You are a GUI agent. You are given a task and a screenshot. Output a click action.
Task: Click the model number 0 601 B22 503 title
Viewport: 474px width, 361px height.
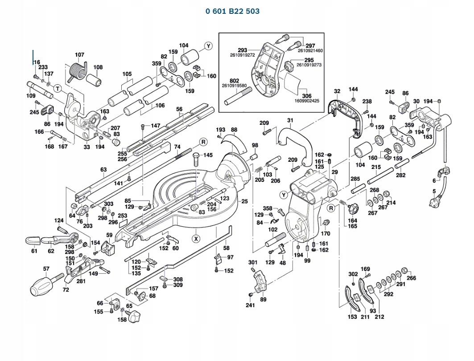(232, 11)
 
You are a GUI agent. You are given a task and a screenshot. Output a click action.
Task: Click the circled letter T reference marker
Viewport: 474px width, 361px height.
(58, 89)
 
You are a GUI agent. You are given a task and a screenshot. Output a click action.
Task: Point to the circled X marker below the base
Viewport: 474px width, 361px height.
(196, 239)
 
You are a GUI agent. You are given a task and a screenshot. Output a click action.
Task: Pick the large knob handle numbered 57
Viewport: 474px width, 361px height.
(45, 285)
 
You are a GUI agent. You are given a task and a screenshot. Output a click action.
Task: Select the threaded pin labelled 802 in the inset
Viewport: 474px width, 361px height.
(237, 96)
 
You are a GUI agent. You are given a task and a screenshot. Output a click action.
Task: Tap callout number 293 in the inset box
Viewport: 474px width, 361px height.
(243, 50)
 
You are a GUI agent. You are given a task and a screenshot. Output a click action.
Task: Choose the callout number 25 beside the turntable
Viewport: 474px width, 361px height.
(244, 201)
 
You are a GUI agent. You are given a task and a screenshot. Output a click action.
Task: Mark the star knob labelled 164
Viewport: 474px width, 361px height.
(353, 208)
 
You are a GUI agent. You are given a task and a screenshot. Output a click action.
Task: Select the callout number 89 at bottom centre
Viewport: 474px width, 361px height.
(263, 299)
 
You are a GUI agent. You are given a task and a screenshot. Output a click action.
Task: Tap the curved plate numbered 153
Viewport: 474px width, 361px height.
(351, 298)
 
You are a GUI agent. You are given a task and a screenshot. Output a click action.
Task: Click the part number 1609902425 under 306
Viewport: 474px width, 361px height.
(307, 101)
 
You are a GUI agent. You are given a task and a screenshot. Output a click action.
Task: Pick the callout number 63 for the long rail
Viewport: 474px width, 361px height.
(104, 169)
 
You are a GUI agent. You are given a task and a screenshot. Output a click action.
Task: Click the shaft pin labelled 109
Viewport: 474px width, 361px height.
(40, 90)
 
